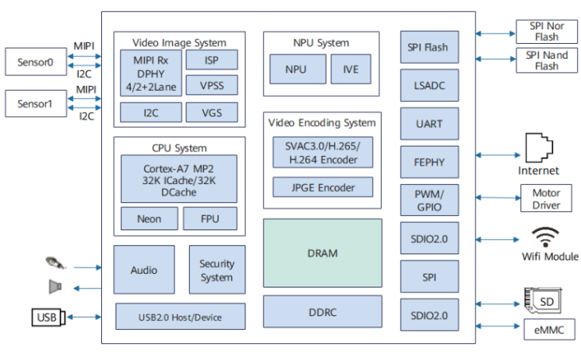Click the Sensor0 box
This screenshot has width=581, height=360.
(37, 61)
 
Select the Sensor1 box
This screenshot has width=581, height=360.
(37, 104)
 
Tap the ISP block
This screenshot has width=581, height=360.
(211, 60)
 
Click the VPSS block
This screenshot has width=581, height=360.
(211, 85)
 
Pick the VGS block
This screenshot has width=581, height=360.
(211, 112)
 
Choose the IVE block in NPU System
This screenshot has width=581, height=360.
(351, 69)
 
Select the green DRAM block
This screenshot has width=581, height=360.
(322, 253)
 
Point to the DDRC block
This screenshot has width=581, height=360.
(322, 311)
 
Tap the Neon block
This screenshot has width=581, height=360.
(149, 218)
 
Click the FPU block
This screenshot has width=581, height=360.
(210, 218)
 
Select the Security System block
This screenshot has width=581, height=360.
(217, 270)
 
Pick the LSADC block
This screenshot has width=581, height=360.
(430, 85)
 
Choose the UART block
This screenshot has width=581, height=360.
(430, 124)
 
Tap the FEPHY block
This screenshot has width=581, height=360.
(430, 162)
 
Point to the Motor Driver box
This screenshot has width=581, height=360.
(547, 198)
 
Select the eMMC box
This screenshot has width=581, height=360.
(547, 328)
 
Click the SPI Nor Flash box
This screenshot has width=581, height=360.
(547, 32)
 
